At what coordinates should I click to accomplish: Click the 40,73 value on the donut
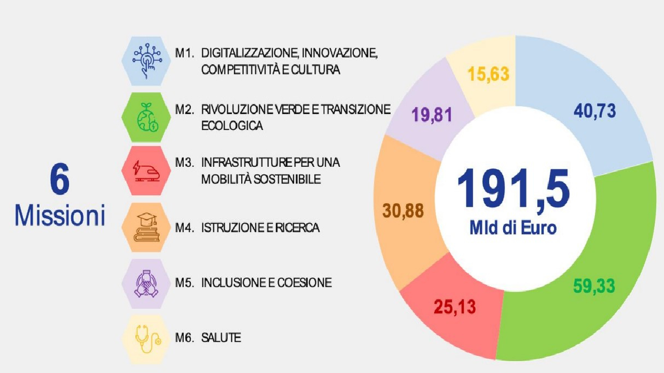[x=594, y=111]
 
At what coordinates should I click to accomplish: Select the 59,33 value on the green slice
[x=594, y=285]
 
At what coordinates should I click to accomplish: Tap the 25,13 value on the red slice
[x=455, y=307]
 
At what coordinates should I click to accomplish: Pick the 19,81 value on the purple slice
[x=432, y=114]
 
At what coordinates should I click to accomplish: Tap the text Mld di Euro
[x=513, y=228]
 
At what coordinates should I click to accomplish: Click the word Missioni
[x=60, y=216]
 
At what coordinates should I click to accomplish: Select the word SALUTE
[x=221, y=338]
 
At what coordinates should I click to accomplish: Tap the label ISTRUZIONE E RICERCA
[x=260, y=227]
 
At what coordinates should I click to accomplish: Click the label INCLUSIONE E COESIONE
[x=266, y=283]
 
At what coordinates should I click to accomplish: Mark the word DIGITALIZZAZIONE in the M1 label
[x=249, y=53]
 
